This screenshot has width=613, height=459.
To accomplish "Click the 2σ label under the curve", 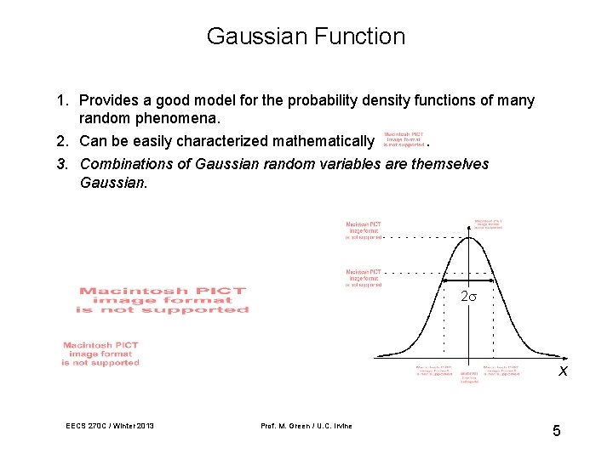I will [x=468, y=297].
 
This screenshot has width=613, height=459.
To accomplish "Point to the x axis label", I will [x=563, y=371].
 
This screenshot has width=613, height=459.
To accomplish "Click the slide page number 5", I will [x=556, y=431].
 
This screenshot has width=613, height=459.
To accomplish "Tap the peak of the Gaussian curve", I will [x=468, y=236].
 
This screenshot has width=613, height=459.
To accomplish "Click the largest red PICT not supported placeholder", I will [x=162, y=300].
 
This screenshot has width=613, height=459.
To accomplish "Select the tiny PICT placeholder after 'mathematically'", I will [x=404, y=139].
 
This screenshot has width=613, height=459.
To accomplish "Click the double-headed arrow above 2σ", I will [x=468, y=280].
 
